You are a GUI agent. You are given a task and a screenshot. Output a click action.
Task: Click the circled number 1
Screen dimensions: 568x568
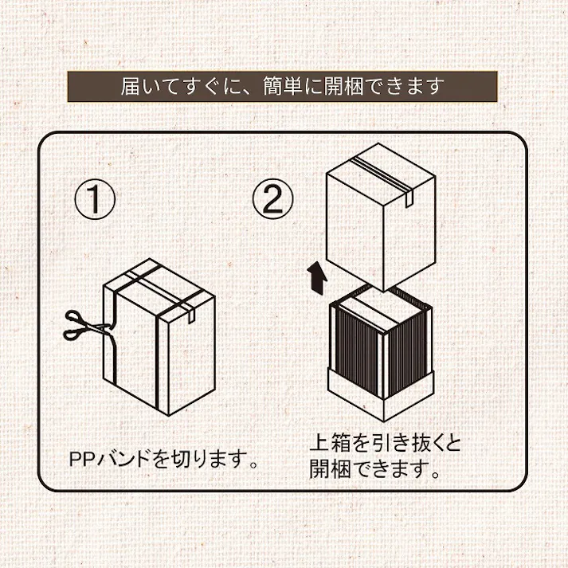click(96, 199)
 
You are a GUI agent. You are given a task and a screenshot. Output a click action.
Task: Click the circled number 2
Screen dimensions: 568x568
click(273, 199)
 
